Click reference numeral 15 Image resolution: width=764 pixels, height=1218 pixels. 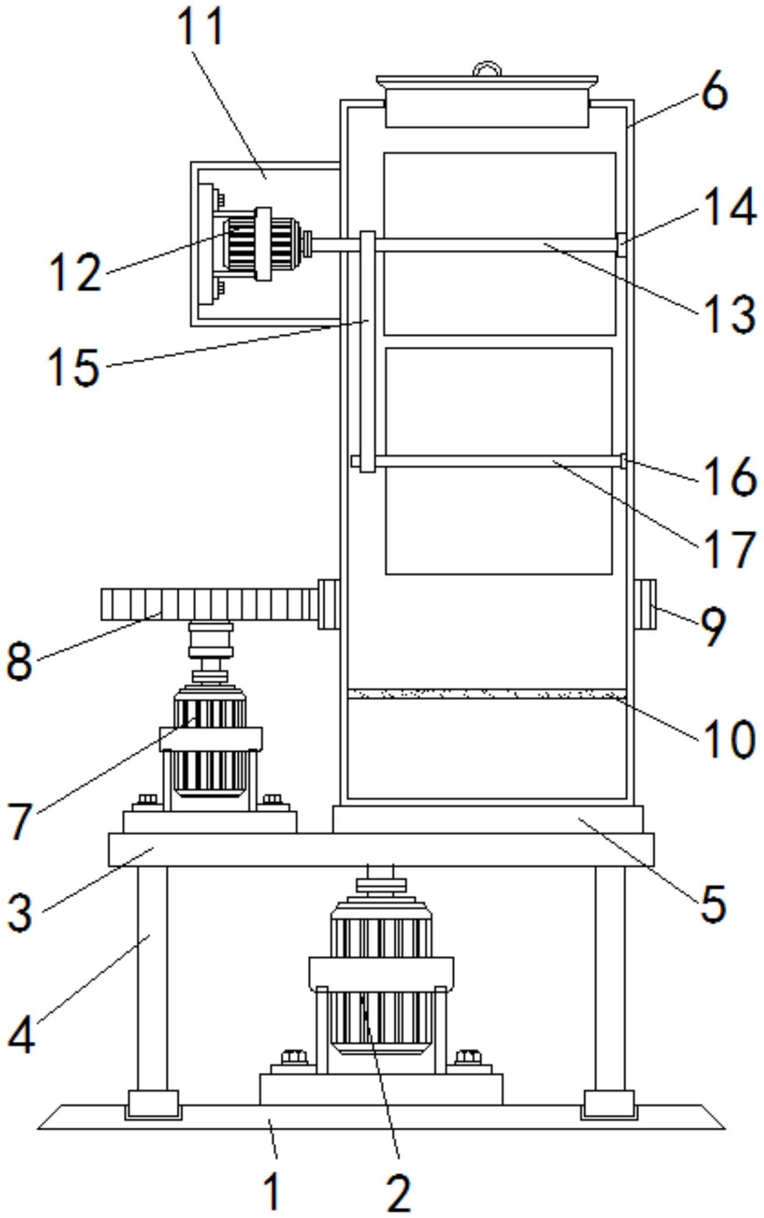click(74, 366)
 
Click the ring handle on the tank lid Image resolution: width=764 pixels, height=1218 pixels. click(487, 69)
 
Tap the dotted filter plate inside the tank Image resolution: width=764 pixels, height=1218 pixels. click(486, 694)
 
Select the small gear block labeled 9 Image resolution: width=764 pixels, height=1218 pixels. click(644, 603)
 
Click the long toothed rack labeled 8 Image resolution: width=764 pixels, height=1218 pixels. click(210, 605)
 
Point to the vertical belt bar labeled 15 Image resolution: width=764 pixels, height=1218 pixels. click(367, 350)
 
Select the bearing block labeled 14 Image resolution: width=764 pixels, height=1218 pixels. click(622, 244)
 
